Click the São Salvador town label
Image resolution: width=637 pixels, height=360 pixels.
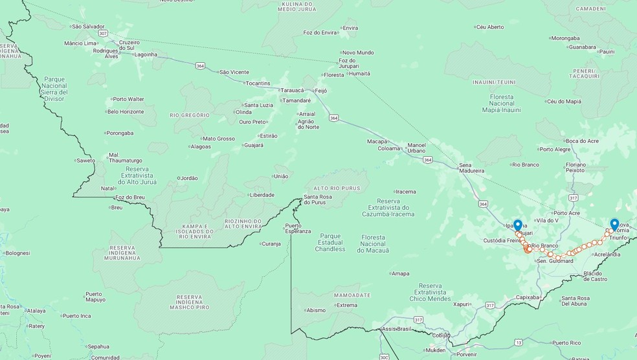tap(88, 27)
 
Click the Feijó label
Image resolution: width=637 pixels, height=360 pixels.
tap(320, 91)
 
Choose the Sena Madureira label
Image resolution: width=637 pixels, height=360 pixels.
tap(471, 168)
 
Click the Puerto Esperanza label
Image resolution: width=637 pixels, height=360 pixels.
tap(298, 228)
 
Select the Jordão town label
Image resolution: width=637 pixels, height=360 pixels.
tap(188, 177)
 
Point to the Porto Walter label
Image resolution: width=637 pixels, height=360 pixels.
tap(128, 99)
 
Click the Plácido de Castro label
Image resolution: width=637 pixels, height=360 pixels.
tap(594, 276)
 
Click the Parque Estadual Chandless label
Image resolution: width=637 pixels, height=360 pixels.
tap(330, 242)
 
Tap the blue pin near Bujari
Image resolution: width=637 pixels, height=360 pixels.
tap(518, 225)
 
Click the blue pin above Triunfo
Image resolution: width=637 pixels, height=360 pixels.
tap(614, 224)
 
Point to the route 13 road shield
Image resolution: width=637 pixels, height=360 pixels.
tap(518, 341)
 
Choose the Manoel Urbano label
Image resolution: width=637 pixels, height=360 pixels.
tap(416, 147)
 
